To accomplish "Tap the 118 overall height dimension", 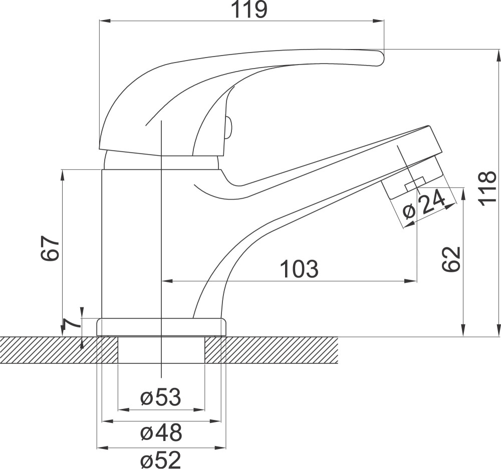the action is pos(487,188).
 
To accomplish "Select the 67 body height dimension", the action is pos(50,249).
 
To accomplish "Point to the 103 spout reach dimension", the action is pos(300,269).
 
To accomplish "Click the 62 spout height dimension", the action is pos(451,259).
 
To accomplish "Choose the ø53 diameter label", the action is pos(161,397).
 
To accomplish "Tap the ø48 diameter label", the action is pos(161,432).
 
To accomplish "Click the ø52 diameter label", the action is pos(161,460).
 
